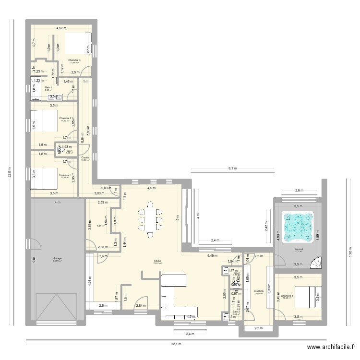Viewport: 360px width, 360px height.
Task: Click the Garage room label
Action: click(x=57, y=259)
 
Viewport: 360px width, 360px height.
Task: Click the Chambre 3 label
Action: click(x=74, y=60)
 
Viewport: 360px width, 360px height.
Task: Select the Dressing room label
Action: click(x=258, y=291)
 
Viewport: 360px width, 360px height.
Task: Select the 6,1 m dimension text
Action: click(x=232, y=168)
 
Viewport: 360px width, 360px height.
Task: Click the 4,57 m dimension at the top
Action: click(x=60, y=28)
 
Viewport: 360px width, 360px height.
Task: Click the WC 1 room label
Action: click(x=69, y=151)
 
